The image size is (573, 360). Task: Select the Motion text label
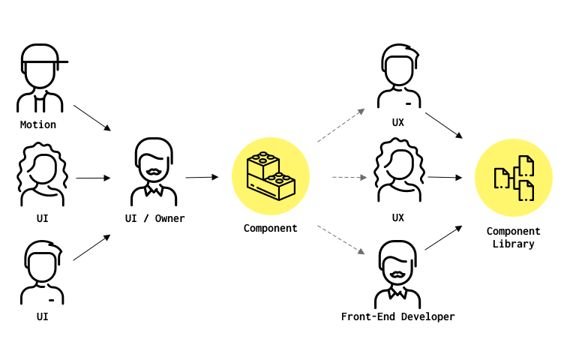(38, 124)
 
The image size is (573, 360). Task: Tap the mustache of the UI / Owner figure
(154, 172)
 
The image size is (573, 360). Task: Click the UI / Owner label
(154, 218)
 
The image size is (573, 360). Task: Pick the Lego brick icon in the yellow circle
(271, 176)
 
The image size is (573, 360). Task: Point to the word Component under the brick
(270, 228)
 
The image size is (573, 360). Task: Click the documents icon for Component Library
(514, 178)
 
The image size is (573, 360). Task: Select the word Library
(513, 244)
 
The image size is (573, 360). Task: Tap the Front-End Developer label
(397, 316)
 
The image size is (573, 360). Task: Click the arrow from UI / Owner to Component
(202, 177)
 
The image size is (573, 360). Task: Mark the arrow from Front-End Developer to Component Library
(443, 238)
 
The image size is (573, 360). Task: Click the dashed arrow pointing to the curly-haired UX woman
(349, 178)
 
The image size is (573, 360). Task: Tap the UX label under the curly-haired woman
(397, 217)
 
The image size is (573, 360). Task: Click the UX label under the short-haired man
(397, 122)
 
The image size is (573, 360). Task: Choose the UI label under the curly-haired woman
(43, 218)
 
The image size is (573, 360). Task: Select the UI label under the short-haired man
(43, 316)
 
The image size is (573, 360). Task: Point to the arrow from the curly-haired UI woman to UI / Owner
(93, 178)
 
